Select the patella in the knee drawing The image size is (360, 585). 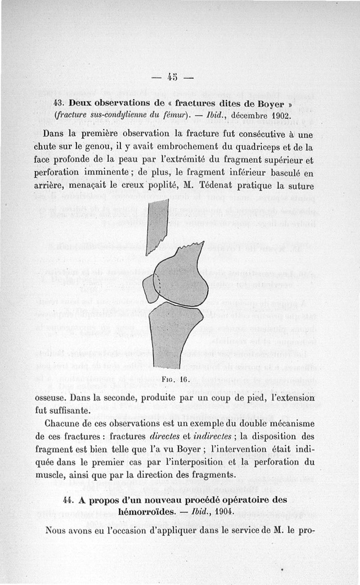[151, 288]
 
